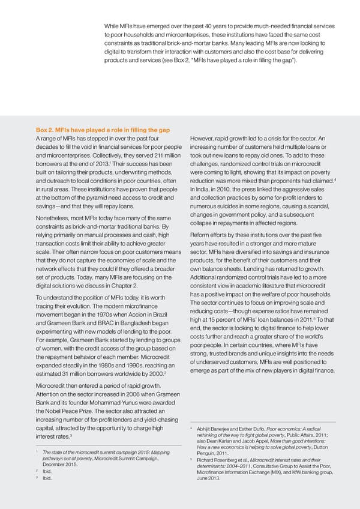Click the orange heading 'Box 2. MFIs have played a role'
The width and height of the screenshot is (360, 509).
point(103,130)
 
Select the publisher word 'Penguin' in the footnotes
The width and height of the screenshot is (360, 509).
point(208,453)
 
